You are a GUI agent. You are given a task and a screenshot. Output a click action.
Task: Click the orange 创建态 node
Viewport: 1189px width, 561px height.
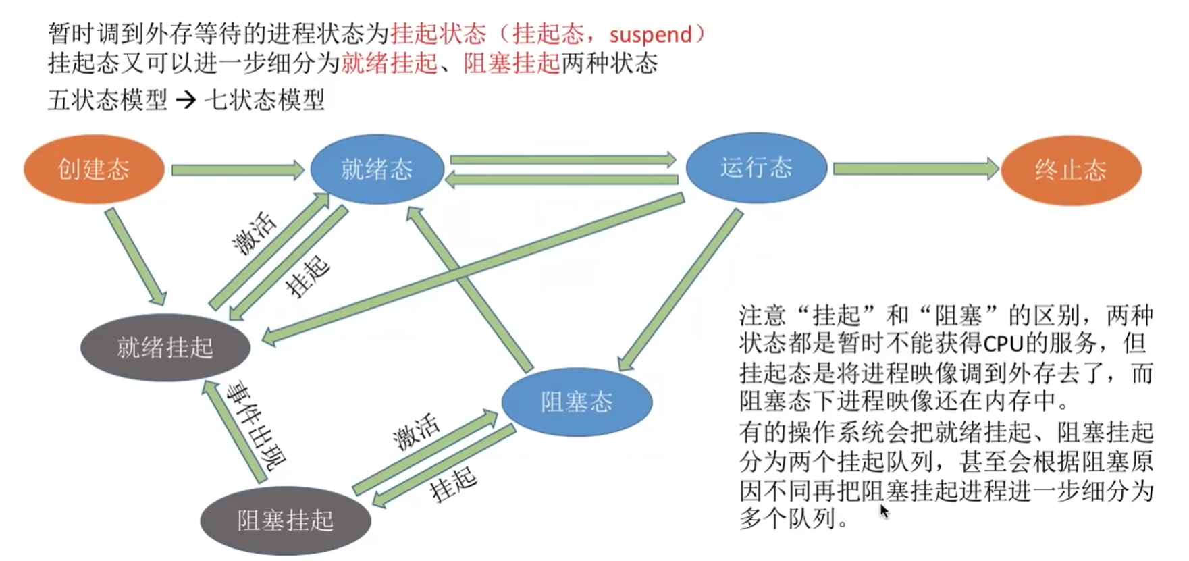[94, 169]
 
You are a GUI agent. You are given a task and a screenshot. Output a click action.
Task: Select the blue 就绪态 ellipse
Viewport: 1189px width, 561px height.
[377, 169]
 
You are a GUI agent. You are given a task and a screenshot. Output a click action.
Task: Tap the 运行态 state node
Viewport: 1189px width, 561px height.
[756, 167]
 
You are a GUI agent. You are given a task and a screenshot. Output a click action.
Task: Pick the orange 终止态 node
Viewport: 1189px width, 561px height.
[1071, 170]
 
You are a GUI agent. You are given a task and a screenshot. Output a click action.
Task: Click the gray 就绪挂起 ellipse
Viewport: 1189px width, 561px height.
[165, 347]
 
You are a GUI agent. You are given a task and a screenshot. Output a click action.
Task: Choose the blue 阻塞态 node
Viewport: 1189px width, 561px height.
[577, 402]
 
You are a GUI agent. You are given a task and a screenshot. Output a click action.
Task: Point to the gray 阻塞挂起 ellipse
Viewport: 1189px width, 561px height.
[286, 520]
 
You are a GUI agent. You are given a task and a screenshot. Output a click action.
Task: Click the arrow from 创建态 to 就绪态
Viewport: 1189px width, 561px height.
[238, 169]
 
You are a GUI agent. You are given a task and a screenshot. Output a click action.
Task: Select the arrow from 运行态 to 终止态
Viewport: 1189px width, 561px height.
[915, 169]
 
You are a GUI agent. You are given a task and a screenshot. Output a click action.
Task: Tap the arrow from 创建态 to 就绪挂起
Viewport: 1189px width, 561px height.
[135, 257]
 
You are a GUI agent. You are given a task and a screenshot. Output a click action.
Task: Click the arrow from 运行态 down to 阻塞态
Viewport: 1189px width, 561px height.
[681, 290]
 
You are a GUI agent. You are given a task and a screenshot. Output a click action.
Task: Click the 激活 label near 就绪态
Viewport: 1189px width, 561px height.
[254, 234]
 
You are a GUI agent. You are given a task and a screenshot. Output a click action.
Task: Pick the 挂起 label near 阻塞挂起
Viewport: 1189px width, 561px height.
[453, 484]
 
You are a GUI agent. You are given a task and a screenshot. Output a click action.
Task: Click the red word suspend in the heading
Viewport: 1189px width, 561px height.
[650, 34]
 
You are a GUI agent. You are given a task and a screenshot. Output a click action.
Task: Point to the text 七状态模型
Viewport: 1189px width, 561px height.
[265, 100]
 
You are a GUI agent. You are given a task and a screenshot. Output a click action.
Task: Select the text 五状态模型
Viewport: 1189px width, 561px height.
[107, 100]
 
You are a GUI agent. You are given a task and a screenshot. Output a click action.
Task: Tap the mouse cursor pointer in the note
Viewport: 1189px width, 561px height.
[884, 511]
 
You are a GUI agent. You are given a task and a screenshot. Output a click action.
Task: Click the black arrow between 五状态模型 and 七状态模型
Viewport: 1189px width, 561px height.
[186, 101]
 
